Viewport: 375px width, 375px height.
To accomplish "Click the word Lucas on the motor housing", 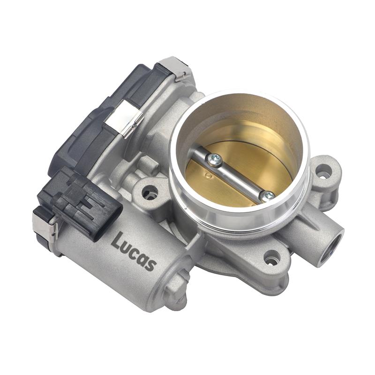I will (x=134, y=251).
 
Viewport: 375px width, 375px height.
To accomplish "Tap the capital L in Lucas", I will (x=117, y=240).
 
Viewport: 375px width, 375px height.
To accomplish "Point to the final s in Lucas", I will (x=150, y=264).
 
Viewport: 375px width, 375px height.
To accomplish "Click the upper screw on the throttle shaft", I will (x=215, y=159).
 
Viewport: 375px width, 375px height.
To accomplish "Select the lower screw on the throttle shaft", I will (x=268, y=196).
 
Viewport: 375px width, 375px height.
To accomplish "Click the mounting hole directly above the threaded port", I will (x=323, y=173).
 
